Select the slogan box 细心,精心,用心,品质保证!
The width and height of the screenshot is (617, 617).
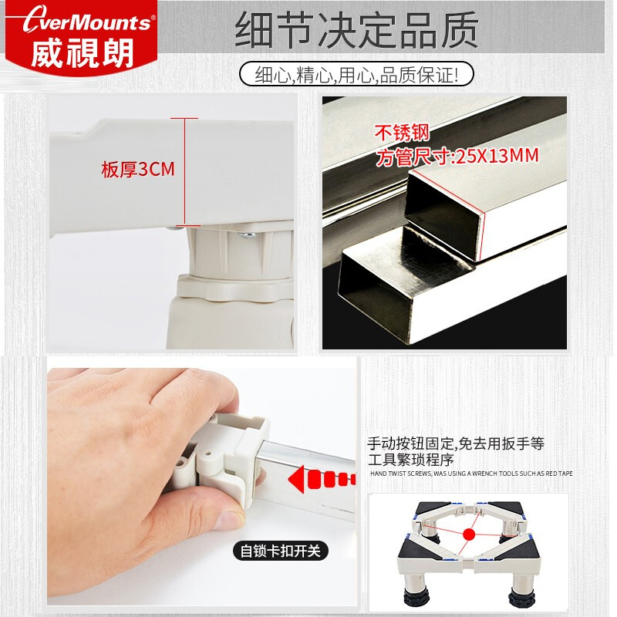pos(356,74)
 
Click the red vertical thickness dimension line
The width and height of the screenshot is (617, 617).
pos(184,171)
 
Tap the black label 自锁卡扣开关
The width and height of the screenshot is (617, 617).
pos(279,551)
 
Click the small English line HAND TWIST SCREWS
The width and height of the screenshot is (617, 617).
pos(472,473)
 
